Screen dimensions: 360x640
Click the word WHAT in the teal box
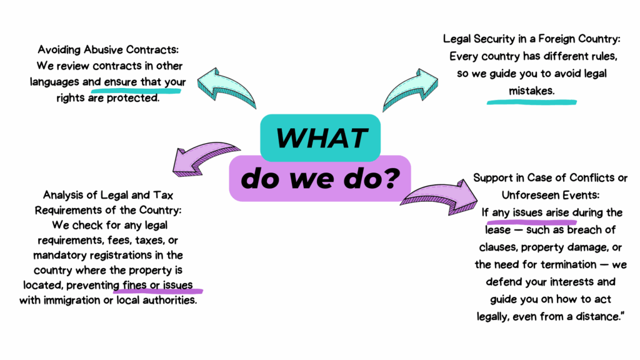click(x=319, y=136)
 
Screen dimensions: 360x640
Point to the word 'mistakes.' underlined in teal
click(x=531, y=91)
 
